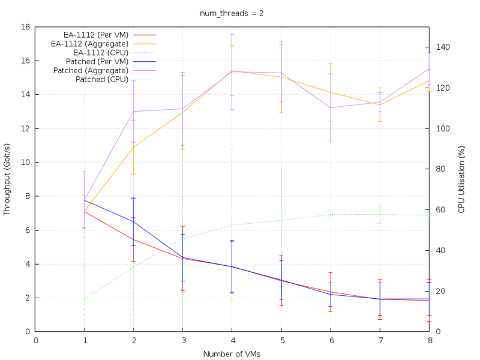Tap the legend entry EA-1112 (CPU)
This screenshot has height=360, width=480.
pos(98,52)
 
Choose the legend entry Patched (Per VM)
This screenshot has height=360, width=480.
pos(98,61)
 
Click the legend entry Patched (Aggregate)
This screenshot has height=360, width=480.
pos(91,70)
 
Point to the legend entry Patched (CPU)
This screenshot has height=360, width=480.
pos(100,79)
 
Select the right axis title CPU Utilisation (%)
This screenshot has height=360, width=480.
pos(461,179)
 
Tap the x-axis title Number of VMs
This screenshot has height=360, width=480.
pos(232,354)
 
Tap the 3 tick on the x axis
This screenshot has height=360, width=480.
pos(183,340)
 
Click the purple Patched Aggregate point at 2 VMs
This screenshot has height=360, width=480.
pos(134,112)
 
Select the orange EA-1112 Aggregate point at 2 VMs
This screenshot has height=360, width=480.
pos(134,147)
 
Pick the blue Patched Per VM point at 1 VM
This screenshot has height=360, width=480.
pos(85,200)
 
